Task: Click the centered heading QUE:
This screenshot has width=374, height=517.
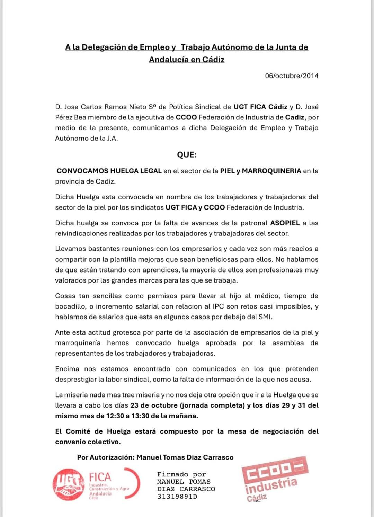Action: click(x=187, y=155)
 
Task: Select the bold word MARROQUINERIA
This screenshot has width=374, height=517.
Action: click(x=271, y=171)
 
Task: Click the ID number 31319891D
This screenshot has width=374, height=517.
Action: click(x=177, y=497)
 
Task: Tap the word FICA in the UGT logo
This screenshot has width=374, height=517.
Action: click(x=100, y=477)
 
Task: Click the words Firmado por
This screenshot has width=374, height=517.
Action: click(x=181, y=474)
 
